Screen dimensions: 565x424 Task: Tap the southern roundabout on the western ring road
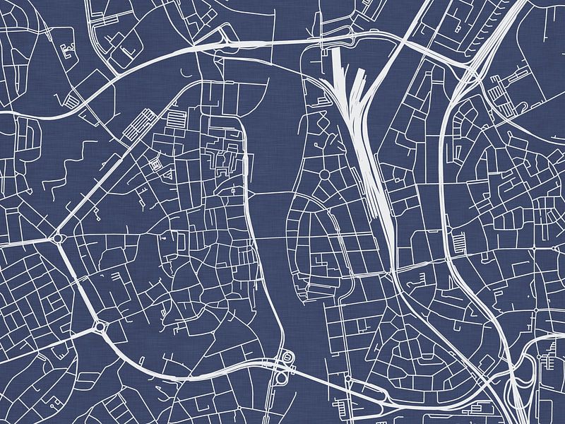[99, 326]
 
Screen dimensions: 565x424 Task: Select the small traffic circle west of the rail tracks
[325, 174]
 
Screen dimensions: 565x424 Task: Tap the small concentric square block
[155, 165]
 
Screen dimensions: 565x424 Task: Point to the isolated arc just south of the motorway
[186, 71]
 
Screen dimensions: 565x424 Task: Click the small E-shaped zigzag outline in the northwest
[69, 49]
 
